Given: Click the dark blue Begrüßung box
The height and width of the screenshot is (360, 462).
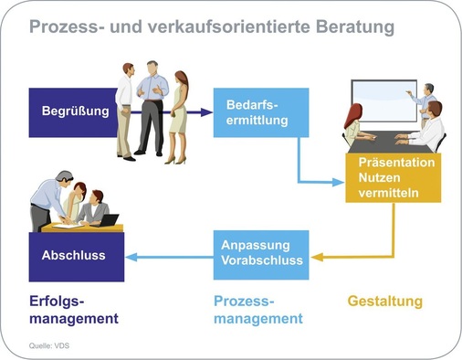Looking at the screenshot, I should point(75,111).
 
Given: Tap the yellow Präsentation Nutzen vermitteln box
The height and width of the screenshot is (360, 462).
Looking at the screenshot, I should point(390,177).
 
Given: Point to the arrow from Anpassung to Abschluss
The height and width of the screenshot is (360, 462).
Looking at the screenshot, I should point(169,257).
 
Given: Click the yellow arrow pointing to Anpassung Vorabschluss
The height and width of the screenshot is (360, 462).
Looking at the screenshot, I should point(356,257).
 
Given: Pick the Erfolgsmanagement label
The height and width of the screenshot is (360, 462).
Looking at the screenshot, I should point(73,310).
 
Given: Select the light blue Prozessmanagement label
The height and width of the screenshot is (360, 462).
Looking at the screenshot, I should point(257,310).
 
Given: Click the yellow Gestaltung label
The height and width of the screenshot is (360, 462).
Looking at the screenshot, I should point(386,301).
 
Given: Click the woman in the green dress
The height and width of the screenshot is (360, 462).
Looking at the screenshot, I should point(179,114).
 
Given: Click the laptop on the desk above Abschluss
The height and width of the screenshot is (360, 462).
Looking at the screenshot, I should point(108,219).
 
